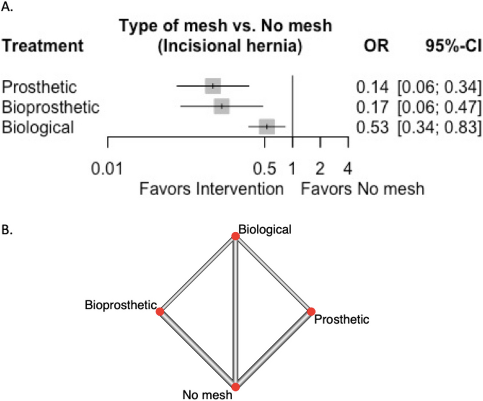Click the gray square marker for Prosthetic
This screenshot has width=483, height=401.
pyautogui.click(x=213, y=86)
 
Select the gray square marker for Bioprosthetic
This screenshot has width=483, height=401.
pyautogui.click(x=222, y=106)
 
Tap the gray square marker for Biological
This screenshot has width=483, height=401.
pyautogui.click(x=267, y=127)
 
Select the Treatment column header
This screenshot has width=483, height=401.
pyautogui.click(x=43, y=46)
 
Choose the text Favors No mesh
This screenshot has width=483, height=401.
pyautogui.click(x=363, y=189)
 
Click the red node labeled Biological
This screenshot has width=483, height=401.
pyautogui.click(x=236, y=236)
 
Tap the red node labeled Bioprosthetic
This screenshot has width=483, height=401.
pyautogui.click(x=160, y=312)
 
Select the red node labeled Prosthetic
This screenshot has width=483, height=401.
pyautogui.click(x=311, y=312)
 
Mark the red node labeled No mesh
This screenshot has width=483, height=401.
pyautogui.click(x=236, y=387)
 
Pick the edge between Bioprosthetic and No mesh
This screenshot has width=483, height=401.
pyautogui.click(x=197, y=349)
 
